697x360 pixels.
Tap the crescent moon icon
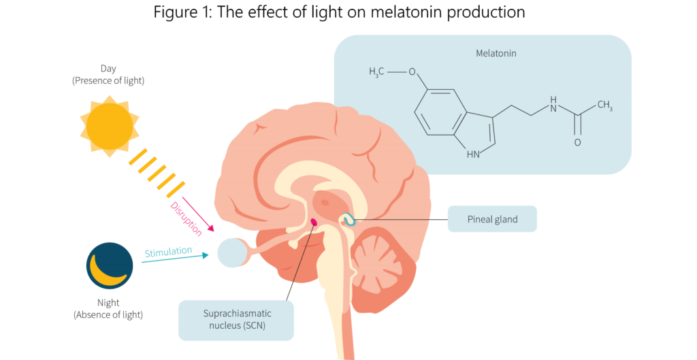pos(110,266)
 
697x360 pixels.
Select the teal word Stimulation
pos(168,251)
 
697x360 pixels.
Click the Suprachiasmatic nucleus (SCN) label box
pos(236,320)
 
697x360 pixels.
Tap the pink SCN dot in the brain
pos(314,222)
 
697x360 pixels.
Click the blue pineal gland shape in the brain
pos(348,220)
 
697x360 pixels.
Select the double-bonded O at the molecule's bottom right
pos(577,142)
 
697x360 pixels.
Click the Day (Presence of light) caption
pos(109,75)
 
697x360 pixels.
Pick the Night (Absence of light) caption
pos(109,308)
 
